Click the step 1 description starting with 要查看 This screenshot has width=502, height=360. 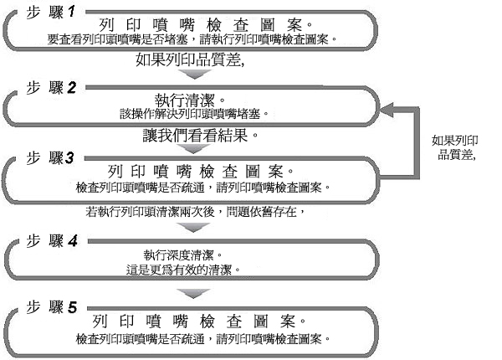tap(196, 39)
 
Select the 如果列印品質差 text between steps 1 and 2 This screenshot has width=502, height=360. tap(195, 60)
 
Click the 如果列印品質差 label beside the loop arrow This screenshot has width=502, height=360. tap(455, 148)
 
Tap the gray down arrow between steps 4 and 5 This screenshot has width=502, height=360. tap(195, 294)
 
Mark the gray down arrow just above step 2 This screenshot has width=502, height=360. tap(195, 76)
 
